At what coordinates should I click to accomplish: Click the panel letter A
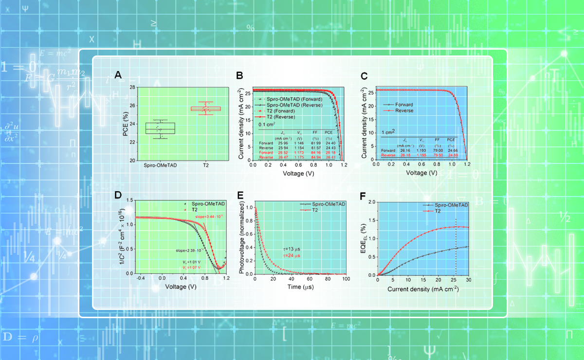tap(118, 75)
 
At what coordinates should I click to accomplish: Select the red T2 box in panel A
tap(205, 108)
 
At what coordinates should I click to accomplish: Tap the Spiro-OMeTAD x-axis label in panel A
tap(160, 165)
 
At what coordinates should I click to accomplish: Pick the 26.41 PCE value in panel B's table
tap(330, 157)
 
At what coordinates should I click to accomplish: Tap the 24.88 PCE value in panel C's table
tap(454, 155)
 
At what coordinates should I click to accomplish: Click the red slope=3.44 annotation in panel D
tap(210, 216)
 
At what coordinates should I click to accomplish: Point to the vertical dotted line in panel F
tap(456, 248)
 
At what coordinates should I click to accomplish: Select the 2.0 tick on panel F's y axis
tap(372, 201)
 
